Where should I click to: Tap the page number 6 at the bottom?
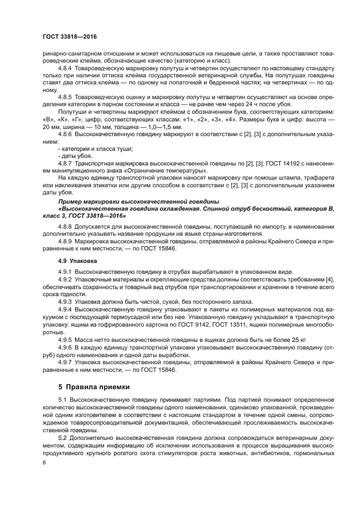[x=44, y=462]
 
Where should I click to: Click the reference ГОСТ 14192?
[x=275, y=163]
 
